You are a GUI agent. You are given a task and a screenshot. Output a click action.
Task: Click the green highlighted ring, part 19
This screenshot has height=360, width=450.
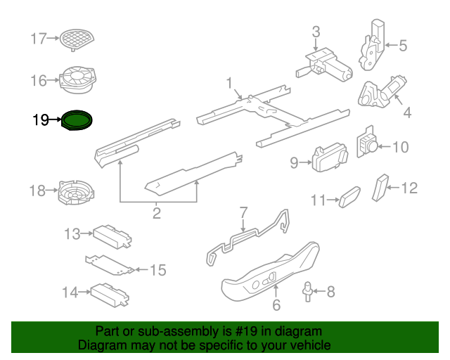77,120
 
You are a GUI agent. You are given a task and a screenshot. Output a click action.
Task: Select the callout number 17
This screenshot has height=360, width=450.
38,39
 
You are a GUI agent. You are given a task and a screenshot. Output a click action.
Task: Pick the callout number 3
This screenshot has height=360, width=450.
316,31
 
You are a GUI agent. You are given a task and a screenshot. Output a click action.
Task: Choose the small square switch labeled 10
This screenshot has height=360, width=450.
368,144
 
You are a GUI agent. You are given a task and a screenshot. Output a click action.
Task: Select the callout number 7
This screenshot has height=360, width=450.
243,212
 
